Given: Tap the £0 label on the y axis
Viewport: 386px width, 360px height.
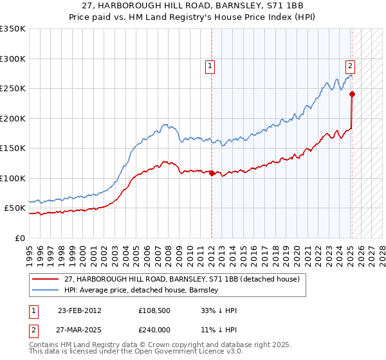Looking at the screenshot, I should pos(20,238).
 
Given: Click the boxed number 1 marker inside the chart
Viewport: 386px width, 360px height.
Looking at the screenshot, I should pos(210,65).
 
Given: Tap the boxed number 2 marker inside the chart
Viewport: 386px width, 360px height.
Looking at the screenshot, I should pos(350,65).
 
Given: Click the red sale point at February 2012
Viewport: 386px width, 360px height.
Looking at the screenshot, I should pos(212,173).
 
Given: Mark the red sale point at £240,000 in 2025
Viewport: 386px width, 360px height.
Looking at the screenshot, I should pos(352,94).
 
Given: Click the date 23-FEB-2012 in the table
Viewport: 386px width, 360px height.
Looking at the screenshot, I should pos(79,310).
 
